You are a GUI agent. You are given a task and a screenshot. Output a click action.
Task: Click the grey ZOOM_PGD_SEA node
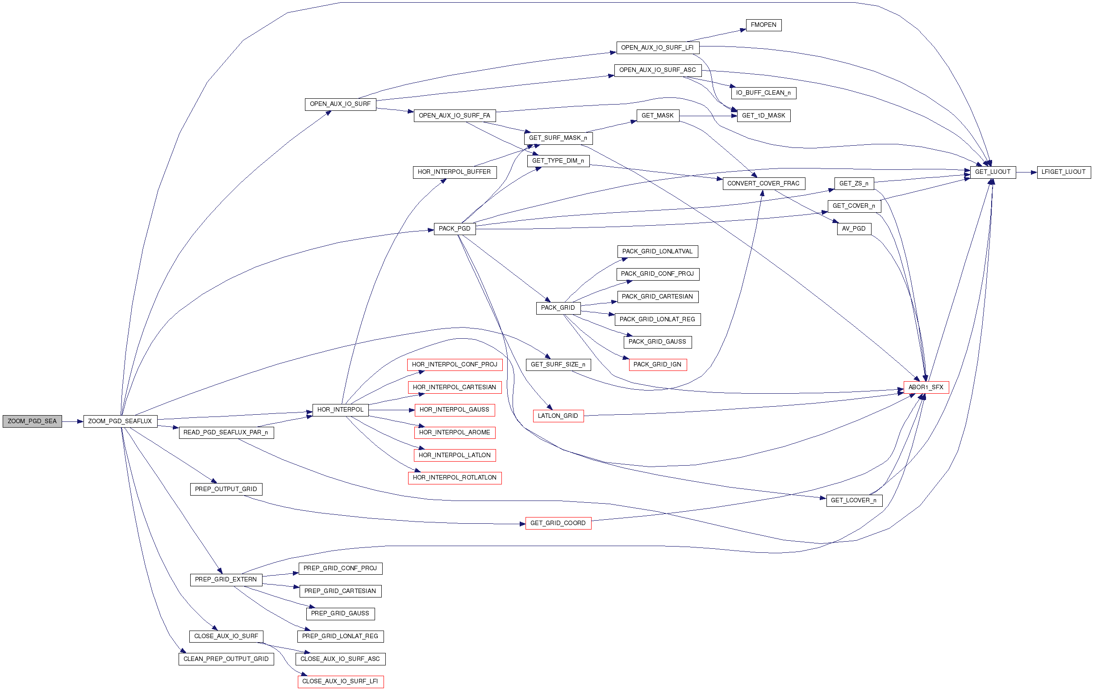32,421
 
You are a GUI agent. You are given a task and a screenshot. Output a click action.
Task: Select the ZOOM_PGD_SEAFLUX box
120,421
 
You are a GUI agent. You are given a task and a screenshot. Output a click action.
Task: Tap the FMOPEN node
763,25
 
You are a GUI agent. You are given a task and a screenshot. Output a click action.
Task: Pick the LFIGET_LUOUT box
1064,172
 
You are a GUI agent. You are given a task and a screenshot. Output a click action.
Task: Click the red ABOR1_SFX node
926,387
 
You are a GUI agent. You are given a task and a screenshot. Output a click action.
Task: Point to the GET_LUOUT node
993,172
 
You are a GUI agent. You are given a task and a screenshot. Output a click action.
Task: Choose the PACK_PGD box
455,229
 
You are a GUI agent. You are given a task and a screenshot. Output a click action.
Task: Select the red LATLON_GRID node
558,416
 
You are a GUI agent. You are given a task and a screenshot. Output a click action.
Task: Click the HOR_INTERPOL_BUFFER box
455,172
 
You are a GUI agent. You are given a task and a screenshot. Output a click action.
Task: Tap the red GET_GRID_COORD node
558,523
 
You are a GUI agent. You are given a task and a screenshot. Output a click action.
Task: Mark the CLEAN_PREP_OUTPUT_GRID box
226,659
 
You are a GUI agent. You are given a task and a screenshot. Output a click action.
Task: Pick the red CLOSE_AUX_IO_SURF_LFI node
340,682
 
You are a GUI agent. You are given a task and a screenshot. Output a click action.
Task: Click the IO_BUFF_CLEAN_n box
763,93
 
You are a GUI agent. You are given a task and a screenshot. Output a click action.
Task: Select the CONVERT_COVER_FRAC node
763,184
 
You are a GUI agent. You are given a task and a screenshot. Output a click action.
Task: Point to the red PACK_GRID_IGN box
657,365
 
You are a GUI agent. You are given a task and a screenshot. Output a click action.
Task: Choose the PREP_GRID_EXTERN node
226,580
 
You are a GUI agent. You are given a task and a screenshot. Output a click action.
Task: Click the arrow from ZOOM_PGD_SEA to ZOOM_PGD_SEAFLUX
73,421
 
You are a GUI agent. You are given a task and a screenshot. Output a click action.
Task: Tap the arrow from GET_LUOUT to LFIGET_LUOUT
1026,172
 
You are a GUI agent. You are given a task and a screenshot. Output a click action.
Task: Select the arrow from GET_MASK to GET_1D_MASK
708,116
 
